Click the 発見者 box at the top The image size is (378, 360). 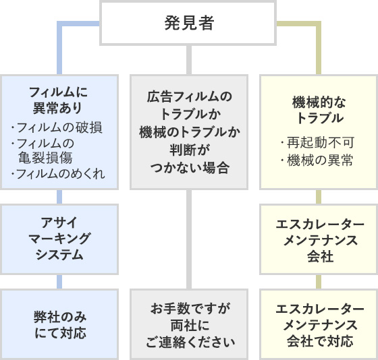188,23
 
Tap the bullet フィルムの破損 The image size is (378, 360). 57,127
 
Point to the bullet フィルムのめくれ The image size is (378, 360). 58,174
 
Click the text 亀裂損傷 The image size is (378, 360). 45,158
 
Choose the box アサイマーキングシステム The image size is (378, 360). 59,239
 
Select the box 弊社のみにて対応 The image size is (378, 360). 59,324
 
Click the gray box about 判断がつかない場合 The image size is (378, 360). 189,132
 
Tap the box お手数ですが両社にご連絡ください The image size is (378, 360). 189,324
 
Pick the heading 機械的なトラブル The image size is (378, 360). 319,110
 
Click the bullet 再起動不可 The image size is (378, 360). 317,142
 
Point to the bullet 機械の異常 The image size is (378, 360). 317,160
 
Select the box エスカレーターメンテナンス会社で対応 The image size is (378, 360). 319,324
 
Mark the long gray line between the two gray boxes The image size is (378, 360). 189,239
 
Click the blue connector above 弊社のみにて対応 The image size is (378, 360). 59,282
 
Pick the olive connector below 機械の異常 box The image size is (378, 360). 319,197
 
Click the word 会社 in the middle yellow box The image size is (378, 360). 321,256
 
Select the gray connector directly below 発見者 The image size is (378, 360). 189,60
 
